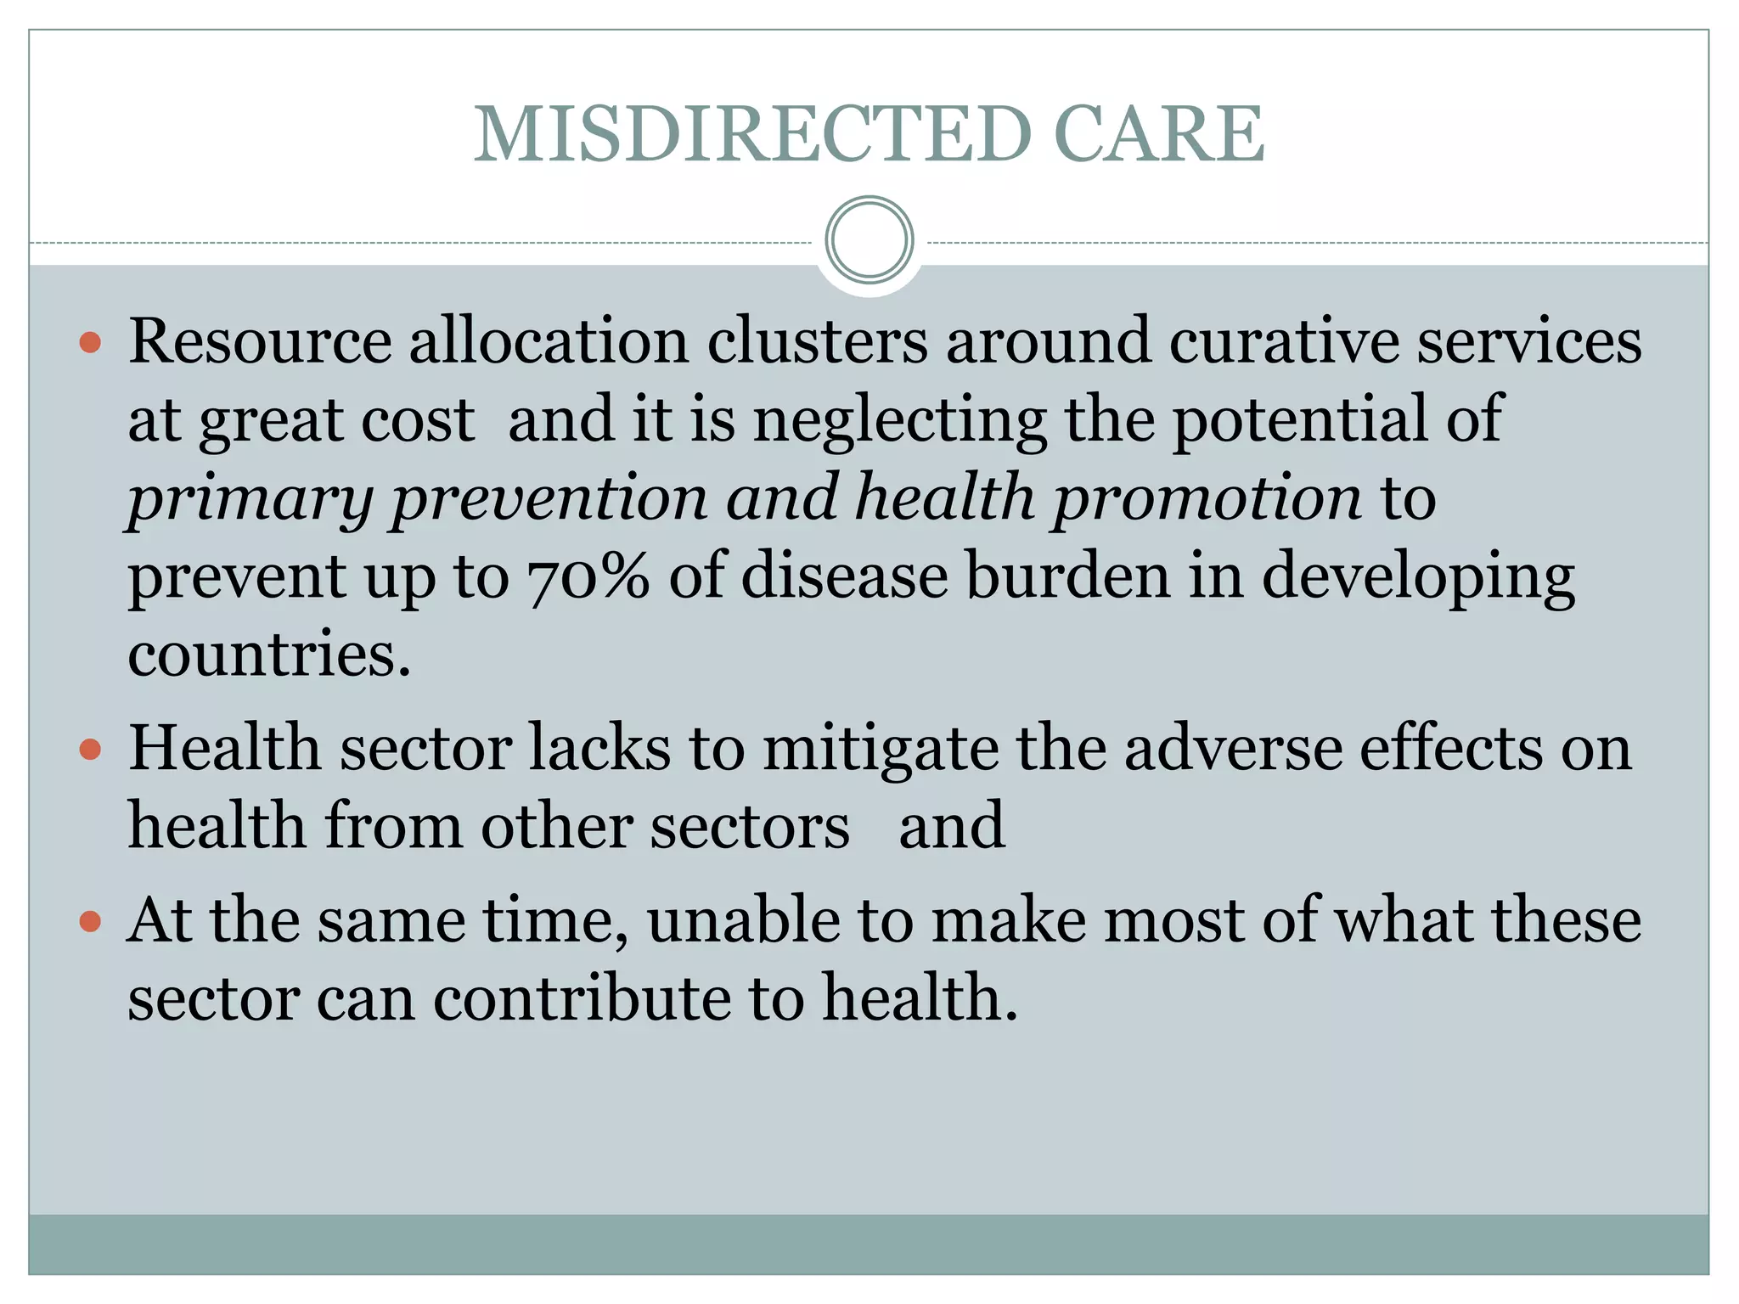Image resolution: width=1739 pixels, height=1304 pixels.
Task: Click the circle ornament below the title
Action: point(869,240)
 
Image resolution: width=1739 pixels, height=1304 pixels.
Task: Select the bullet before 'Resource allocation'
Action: point(90,343)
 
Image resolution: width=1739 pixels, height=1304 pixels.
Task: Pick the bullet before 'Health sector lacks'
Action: point(90,750)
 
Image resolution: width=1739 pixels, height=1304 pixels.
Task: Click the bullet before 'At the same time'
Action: point(90,921)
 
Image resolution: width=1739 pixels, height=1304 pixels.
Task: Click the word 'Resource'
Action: point(260,341)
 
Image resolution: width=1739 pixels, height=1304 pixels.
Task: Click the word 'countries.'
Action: point(269,655)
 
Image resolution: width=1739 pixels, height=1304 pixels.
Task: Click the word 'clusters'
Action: point(817,341)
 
